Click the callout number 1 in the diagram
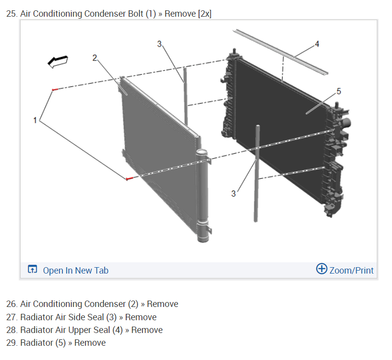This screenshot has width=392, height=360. pos(35,120)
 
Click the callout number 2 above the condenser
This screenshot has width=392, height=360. pos(95,57)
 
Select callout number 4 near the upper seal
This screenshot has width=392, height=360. pos(317,44)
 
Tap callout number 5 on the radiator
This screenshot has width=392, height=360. pos(338,91)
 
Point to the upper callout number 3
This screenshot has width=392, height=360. pos(159,44)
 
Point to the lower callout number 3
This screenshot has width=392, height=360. pos(233,194)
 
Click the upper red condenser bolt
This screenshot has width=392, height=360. pos(55,89)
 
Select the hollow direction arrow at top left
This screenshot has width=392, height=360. pos(57,61)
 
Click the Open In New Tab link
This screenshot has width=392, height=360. pos(76,270)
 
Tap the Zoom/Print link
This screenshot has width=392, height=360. pos(351,270)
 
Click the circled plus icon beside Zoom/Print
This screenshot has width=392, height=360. pos(322,269)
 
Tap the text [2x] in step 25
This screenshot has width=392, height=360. pos(204,14)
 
